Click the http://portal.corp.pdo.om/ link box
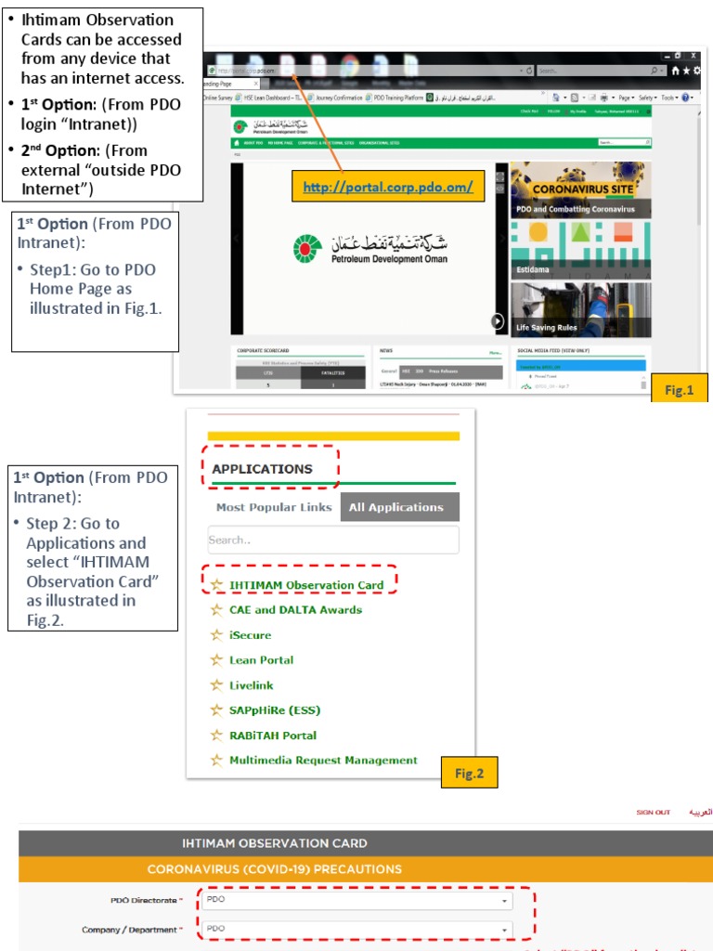387,187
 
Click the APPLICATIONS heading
263,469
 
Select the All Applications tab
396,507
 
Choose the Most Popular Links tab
273,507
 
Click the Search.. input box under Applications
332,540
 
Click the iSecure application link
250,635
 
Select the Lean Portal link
261,660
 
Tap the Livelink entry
253,685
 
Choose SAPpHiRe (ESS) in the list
275,710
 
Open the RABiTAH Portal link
272,736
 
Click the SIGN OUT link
653,813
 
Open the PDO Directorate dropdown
357,900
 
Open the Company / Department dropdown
357,929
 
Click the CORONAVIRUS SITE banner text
582,189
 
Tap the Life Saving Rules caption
547,328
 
